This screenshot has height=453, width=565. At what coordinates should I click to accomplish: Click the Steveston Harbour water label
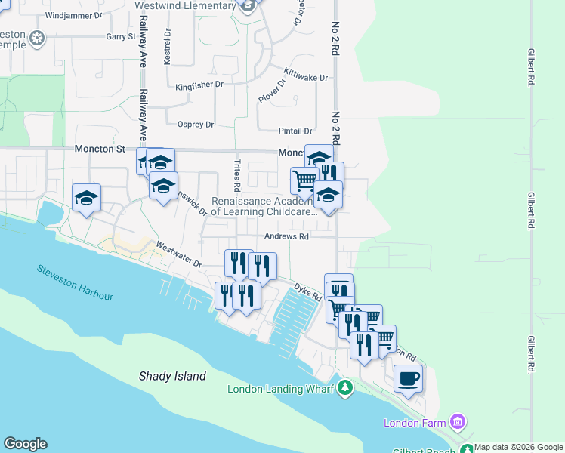point(75,282)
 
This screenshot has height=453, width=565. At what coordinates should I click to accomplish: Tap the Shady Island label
point(172,375)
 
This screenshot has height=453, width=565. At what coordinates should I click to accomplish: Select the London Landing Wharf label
point(282,390)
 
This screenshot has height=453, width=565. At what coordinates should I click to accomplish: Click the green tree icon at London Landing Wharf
point(345,388)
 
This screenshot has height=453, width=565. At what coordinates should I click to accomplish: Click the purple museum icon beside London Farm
point(456,421)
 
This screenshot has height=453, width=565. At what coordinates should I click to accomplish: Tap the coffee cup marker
point(409,377)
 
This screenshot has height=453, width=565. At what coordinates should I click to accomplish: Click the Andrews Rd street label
point(287,236)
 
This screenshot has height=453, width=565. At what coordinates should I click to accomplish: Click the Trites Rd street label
point(236,175)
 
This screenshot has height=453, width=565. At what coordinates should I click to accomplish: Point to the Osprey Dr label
point(196,125)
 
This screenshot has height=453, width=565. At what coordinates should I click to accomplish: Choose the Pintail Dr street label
point(295,131)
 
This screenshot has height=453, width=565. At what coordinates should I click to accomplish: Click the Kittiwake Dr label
point(306,74)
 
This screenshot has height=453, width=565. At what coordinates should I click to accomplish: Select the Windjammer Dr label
point(73,15)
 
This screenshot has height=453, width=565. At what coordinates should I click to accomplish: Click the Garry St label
point(120,36)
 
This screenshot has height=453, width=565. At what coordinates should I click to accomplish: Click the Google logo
point(25,444)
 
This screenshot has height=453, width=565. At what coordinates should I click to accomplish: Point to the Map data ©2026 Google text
point(519,447)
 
